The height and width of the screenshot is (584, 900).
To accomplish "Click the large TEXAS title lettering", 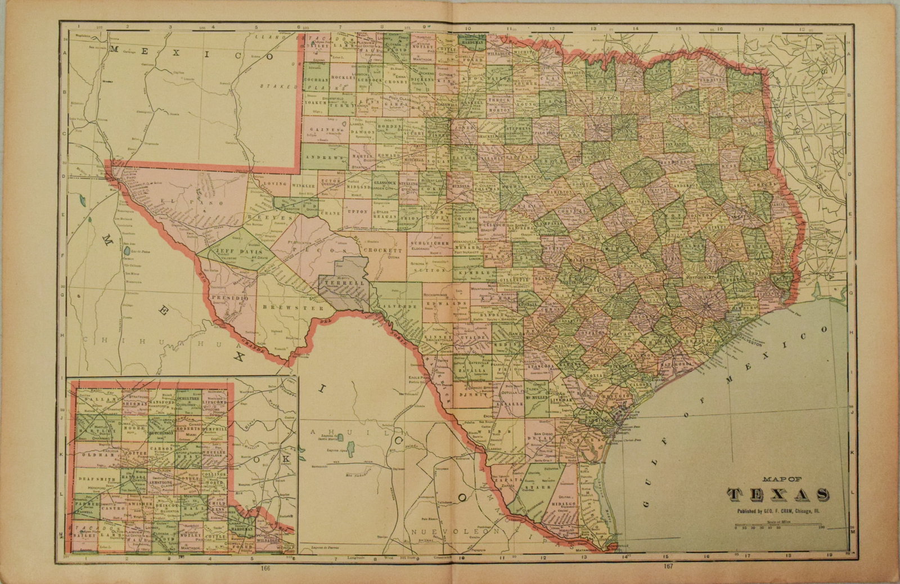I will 778,495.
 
